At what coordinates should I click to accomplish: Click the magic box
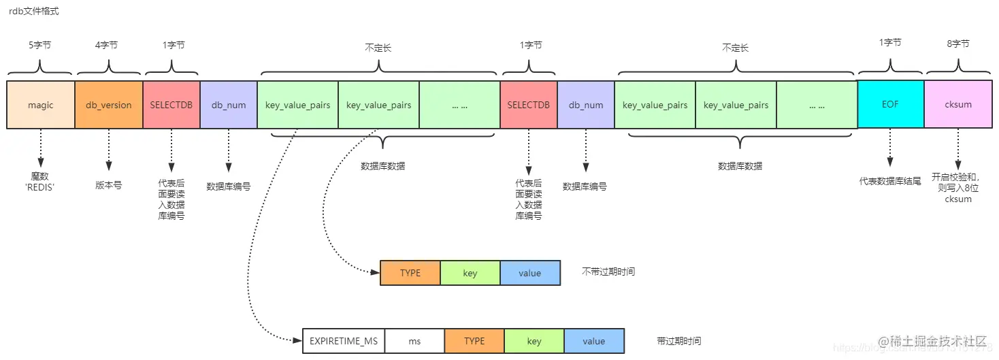40,105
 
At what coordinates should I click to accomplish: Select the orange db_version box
109,105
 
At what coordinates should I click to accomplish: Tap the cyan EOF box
890,104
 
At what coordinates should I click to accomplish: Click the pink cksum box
958,104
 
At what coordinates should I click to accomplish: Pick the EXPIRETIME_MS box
344,341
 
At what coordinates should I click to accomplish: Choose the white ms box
414,341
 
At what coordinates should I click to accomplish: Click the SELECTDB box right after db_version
171,105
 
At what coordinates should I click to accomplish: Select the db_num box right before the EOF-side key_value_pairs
585,105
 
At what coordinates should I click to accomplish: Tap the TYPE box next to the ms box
474,341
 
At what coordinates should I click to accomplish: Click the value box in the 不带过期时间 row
529,273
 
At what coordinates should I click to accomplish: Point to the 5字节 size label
39,45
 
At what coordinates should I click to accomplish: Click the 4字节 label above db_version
106,45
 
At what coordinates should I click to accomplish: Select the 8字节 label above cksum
958,44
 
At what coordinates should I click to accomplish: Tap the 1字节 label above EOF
890,42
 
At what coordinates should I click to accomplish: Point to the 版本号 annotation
108,184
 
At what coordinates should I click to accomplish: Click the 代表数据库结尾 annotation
889,181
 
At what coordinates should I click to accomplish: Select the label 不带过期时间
608,272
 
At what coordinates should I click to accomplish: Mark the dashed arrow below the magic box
40,148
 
